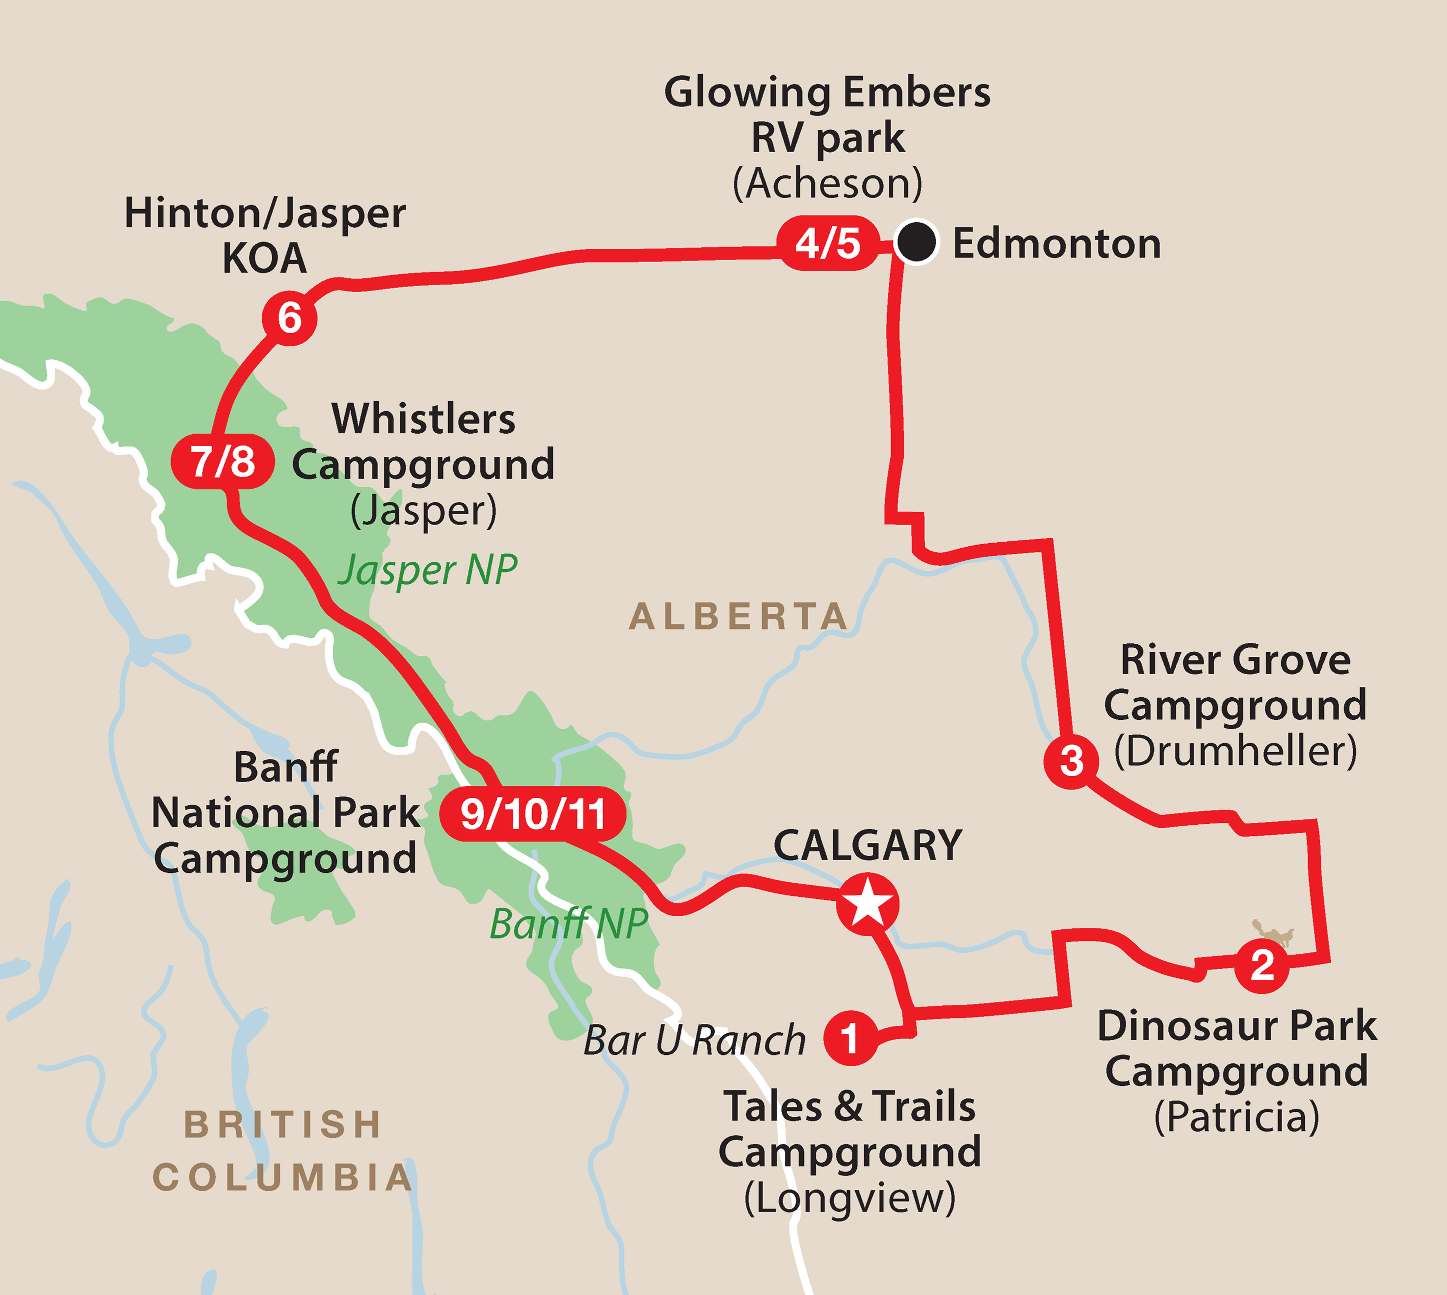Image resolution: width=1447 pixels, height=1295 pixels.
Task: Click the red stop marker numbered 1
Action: (849, 1038)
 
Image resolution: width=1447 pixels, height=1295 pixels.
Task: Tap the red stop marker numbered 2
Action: (1262, 965)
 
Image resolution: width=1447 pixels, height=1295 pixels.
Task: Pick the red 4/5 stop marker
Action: (828, 244)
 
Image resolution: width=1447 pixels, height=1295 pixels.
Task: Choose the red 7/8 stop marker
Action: (222, 462)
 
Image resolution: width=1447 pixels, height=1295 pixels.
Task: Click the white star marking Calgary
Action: (867, 904)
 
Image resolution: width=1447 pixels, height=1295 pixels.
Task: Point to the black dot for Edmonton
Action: (916, 242)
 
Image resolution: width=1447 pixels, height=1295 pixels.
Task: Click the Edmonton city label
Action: (1056, 244)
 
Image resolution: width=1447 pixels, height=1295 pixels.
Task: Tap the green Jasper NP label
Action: (428, 571)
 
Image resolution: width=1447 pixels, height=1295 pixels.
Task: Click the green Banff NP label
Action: (569, 924)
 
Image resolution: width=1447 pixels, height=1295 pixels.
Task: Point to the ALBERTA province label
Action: (738, 617)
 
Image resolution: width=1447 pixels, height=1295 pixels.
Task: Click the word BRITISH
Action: (283, 1125)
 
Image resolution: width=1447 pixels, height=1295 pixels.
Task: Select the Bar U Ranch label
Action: (694, 1040)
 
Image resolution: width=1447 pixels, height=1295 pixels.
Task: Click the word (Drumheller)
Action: (1235, 751)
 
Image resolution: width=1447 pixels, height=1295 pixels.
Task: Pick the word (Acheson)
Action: (827, 184)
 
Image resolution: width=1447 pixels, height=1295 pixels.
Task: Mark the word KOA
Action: (264, 258)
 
